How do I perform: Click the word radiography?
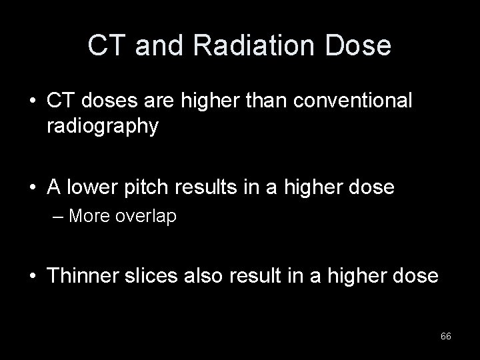pyautogui.click(x=103, y=127)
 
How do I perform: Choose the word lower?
pyautogui.click(x=95, y=188)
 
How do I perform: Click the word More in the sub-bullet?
pyautogui.click(x=89, y=217)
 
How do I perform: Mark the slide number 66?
pyautogui.click(x=446, y=337)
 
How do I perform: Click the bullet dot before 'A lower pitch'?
pyautogui.click(x=32, y=189)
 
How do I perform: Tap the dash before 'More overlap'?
pyautogui.click(x=60, y=217)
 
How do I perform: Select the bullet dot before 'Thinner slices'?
pyautogui.click(x=32, y=275)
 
